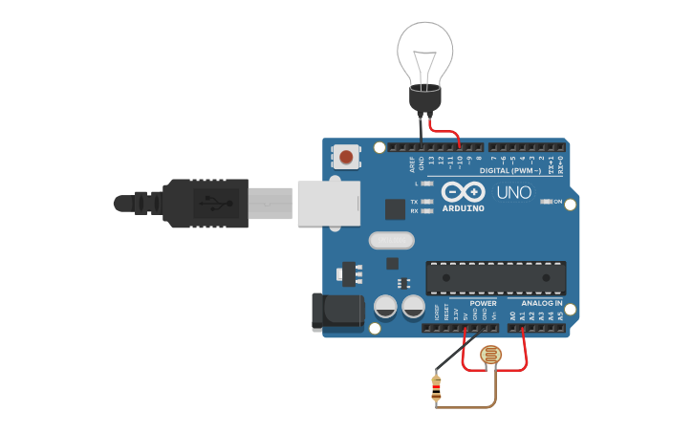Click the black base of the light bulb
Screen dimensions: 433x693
point(423,97)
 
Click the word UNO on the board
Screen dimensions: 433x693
point(513,192)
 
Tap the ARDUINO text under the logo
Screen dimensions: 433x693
point(464,207)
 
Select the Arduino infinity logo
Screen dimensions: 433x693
point(464,192)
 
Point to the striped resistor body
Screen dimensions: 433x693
point(437,387)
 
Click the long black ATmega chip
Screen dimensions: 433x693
point(495,277)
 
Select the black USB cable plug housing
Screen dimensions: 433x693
point(206,204)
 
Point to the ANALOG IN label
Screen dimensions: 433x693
point(541,302)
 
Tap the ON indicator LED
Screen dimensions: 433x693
point(546,202)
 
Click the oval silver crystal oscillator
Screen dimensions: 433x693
point(391,240)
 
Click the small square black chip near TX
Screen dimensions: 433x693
point(395,208)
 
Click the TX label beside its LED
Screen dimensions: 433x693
point(413,202)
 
